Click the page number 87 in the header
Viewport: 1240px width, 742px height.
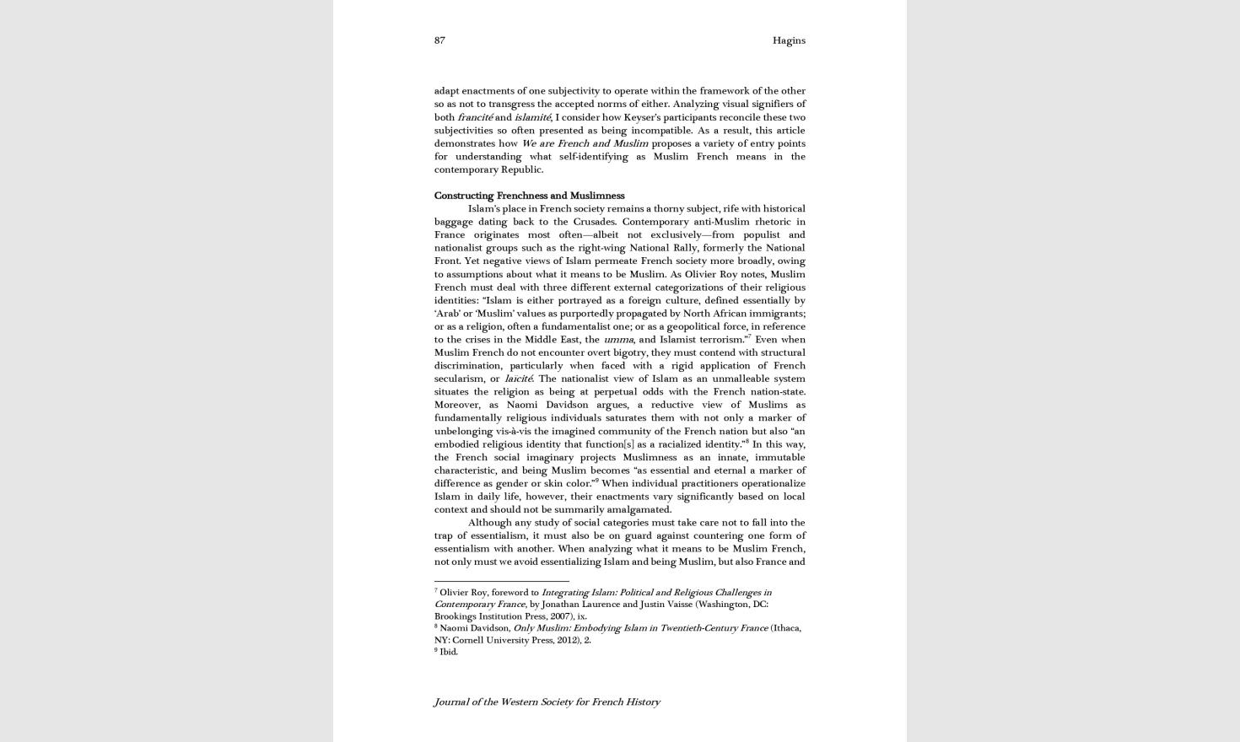pos(439,40)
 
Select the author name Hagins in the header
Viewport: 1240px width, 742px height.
pos(789,40)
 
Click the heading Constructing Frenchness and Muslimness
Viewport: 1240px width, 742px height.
pos(529,196)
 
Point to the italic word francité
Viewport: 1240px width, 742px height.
pos(475,117)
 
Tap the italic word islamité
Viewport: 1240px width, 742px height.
pos(532,117)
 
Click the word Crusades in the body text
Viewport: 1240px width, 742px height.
pos(594,222)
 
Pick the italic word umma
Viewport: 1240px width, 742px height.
pos(618,340)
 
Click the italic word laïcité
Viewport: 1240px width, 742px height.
pos(518,379)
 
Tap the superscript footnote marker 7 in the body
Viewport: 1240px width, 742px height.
pos(749,336)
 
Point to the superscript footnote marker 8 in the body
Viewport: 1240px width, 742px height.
pos(747,441)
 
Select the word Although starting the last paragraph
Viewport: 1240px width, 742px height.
pos(489,523)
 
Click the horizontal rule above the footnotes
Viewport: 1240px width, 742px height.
pos(501,581)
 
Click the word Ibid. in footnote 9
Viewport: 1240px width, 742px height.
pos(449,652)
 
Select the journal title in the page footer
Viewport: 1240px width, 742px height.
pos(547,702)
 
